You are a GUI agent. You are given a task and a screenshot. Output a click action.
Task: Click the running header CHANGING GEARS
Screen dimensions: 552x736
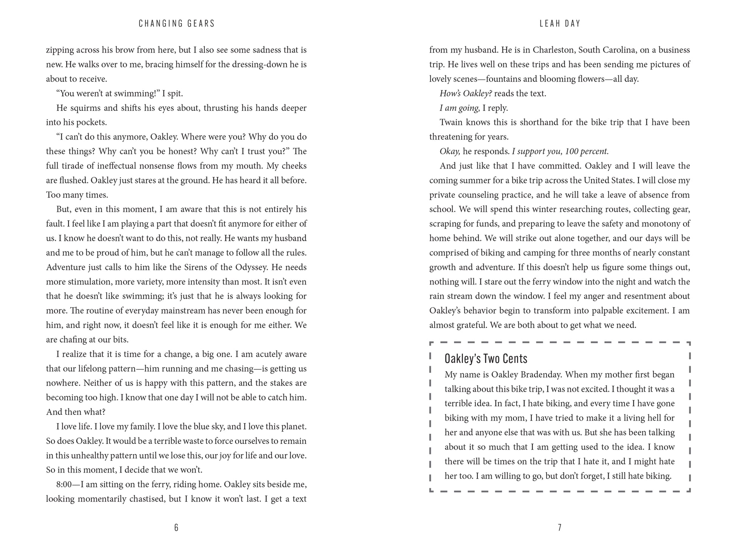pyautogui.click(x=177, y=23)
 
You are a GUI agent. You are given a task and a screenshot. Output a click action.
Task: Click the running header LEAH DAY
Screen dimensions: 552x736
pyautogui.click(x=560, y=23)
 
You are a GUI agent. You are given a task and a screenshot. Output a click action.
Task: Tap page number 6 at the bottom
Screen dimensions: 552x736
pyautogui.click(x=176, y=528)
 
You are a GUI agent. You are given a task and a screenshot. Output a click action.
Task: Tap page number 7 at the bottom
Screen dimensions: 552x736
pyautogui.click(x=559, y=528)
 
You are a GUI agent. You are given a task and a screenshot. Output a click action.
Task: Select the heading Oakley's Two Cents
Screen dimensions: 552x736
pyautogui.click(x=486, y=358)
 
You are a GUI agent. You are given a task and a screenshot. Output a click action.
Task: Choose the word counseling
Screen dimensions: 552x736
pyautogui.click(x=479, y=195)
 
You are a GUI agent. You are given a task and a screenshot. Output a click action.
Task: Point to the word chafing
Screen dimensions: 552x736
pyautogui.click(x=67, y=340)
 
